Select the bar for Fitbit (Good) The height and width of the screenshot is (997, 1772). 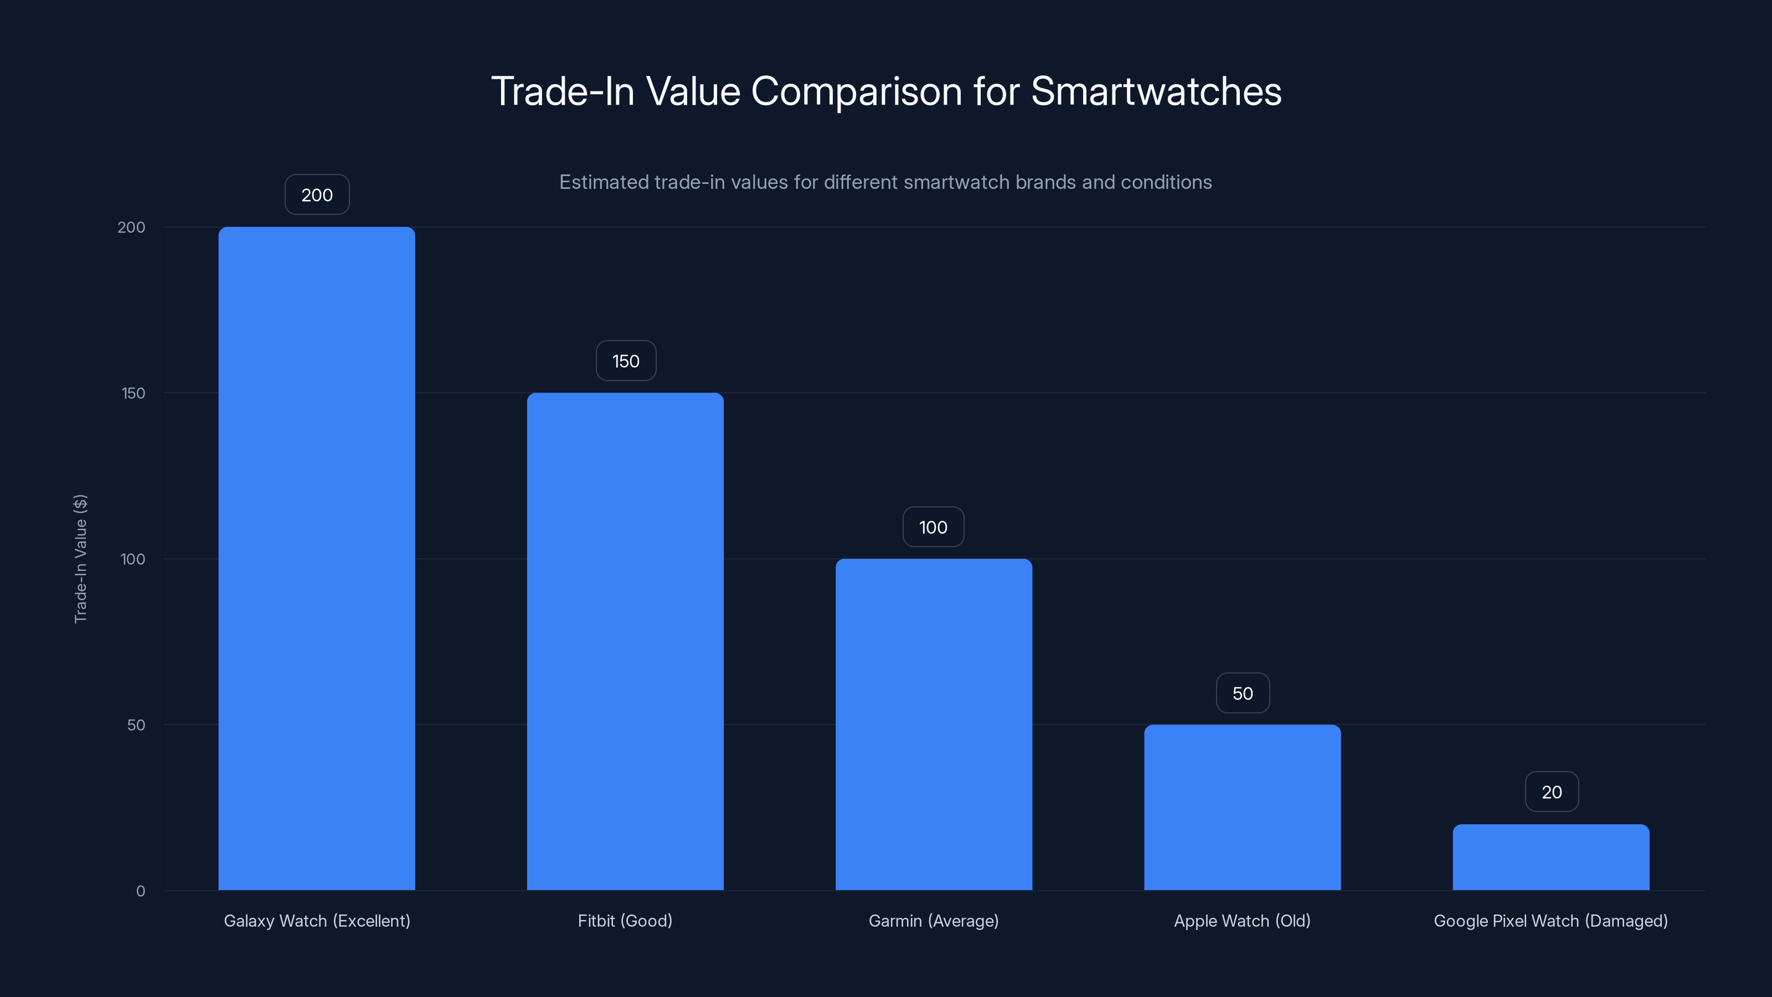point(625,641)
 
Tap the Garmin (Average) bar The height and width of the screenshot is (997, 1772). point(934,724)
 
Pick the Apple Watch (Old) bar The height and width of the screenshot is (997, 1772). point(1242,807)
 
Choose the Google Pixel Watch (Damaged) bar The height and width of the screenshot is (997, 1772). point(1550,857)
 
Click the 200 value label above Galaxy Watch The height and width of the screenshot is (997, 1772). point(317,195)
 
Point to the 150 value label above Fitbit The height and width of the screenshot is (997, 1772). point(625,361)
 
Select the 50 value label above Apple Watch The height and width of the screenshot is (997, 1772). point(1242,693)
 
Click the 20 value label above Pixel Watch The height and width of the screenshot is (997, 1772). point(1551,792)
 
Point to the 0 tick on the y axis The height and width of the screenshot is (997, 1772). point(140,891)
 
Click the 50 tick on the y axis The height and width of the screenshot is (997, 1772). point(136,725)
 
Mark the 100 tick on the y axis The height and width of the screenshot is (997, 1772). point(133,559)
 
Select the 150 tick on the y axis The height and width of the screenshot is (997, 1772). point(133,393)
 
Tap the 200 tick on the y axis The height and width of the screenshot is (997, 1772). point(131,227)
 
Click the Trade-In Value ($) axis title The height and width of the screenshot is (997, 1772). point(80,559)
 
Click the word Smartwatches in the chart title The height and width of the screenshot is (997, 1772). point(1156,91)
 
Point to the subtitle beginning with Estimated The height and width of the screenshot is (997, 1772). point(885,182)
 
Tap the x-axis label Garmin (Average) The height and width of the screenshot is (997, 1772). point(934,921)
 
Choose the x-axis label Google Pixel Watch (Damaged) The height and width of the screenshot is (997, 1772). point(1550,921)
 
